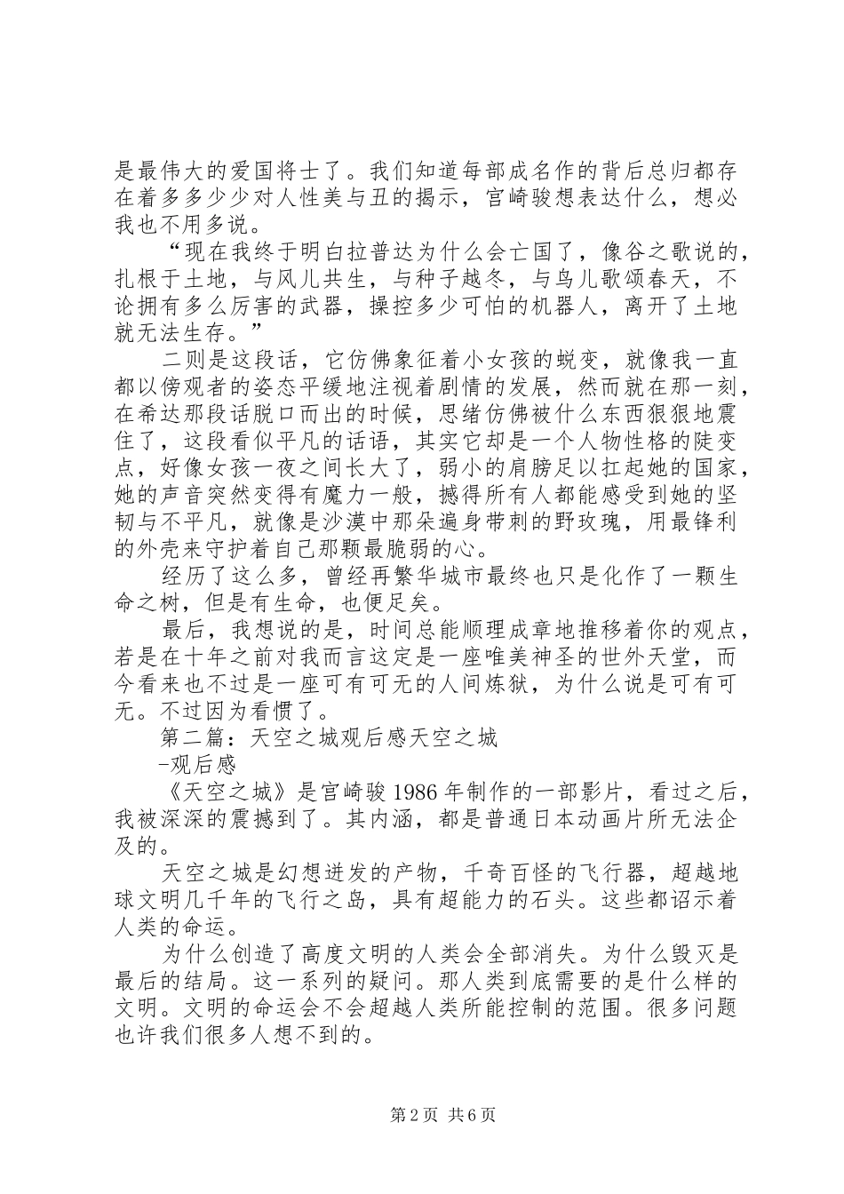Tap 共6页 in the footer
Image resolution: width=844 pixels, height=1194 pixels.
[470, 1115]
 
